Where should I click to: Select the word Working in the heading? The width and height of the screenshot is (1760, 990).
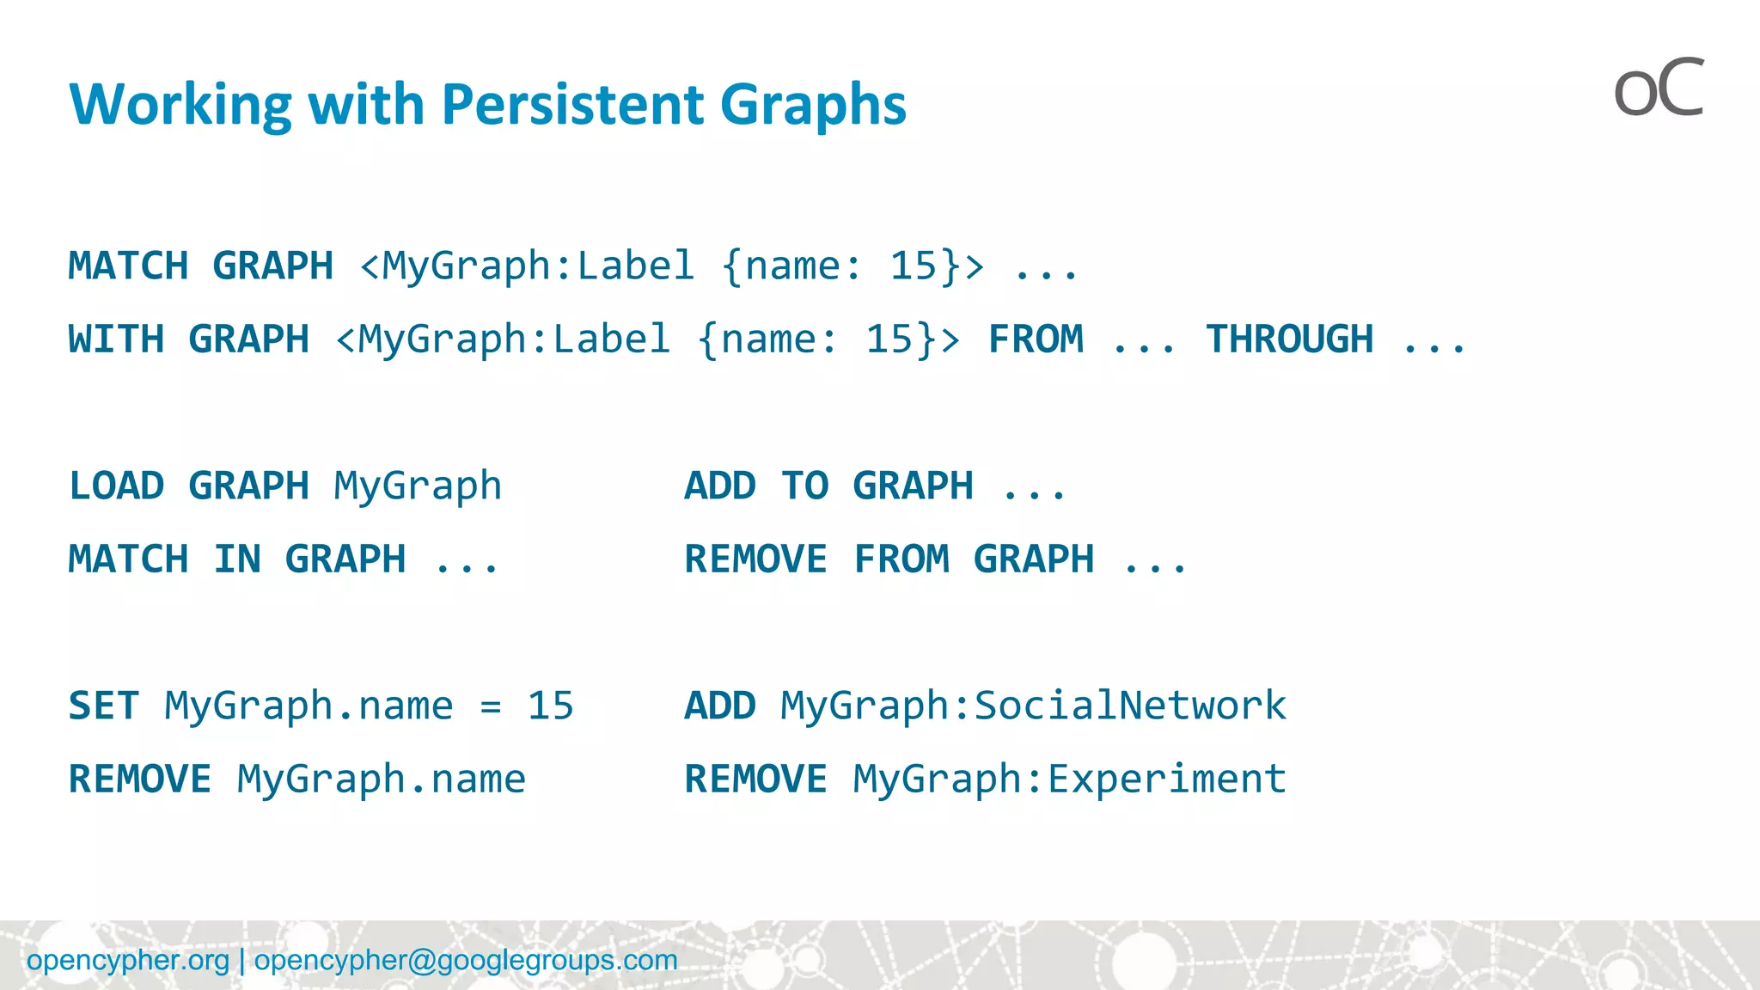coord(181,105)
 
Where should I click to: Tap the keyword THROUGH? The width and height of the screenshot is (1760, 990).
coord(1289,339)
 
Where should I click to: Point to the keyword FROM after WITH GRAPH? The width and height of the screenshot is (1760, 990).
coord(1036,339)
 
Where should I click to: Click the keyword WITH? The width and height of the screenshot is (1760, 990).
coord(116,339)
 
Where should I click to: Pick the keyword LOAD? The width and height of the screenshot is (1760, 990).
coord(116,486)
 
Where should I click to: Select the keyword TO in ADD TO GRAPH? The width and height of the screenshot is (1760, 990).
coord(804,486)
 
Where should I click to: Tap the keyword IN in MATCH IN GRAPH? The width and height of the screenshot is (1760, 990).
coord(237,559)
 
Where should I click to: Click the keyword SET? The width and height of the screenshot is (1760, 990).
coord(103,706)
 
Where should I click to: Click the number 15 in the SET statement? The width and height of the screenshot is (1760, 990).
coord(550,706)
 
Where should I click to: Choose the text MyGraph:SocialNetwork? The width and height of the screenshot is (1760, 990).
coord(1033,706)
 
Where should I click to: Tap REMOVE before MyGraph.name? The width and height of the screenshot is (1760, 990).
coord(140,779)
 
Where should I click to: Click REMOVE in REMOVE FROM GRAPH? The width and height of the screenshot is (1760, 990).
coord(755,559)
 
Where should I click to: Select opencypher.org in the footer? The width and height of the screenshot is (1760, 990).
coord(128,960)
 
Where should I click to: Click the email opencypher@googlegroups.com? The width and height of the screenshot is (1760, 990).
coord(466,960)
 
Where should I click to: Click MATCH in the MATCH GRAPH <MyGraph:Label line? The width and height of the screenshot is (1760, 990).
coord(128,266)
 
